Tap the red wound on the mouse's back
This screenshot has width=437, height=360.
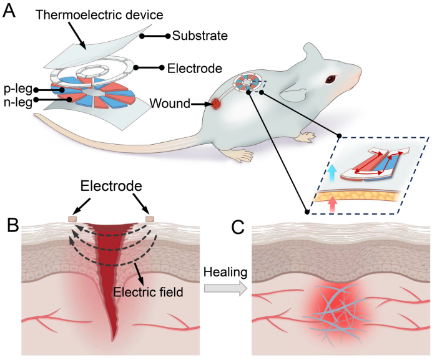216,104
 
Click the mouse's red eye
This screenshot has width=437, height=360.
328,79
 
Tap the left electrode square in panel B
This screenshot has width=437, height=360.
73,220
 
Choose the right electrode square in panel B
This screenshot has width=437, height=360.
150,220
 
